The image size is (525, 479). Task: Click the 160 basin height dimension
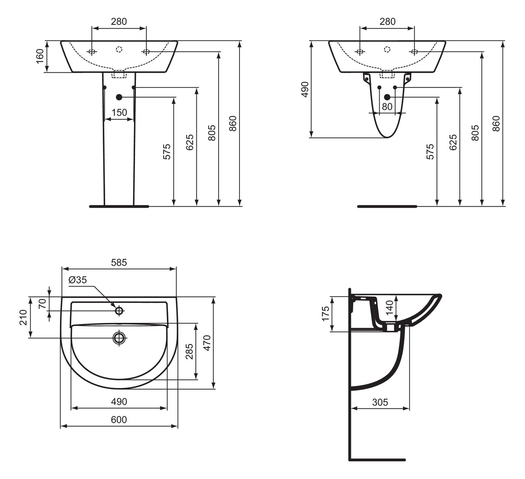pos(40,57)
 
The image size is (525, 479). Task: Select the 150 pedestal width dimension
pos(119,113)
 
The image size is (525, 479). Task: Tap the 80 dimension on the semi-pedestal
pos(387,107)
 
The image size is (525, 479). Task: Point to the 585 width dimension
pos(119,262)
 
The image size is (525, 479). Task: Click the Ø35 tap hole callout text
pos(78,280)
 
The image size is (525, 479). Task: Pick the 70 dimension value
pos(42,304)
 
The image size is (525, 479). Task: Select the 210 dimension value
pos(23,318)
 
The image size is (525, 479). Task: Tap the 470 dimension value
pos(207,343)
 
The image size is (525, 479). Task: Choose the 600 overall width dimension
pos(119,419)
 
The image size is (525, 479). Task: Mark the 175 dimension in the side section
pos(325,313)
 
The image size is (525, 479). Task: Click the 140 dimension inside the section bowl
pos(389,306)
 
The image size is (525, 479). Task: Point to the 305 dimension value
pos(380,402)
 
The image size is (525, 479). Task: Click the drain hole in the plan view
pos(119,338)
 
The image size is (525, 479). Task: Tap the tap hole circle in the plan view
pos(119,311)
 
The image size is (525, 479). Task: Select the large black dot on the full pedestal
pos(119,97)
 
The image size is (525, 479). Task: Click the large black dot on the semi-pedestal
pos(387,97)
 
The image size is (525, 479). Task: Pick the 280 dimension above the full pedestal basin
pos(119,21)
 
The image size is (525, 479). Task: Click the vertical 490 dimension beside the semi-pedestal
pos(305,90)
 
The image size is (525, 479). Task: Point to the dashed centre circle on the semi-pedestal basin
pos(387,49)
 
